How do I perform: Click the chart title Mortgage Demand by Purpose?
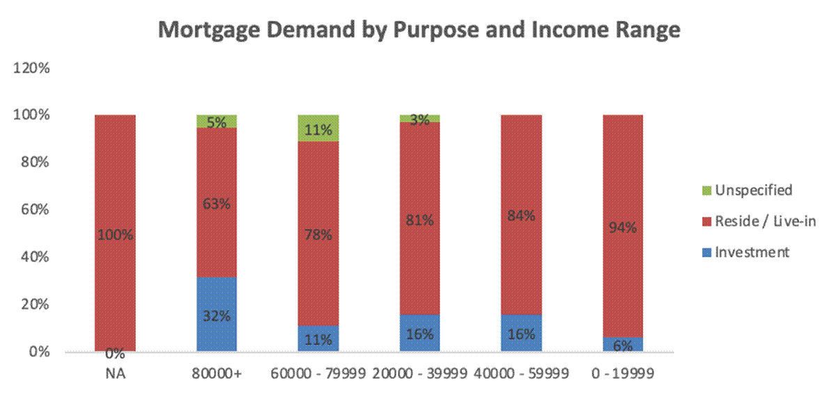click(x=419, y=31)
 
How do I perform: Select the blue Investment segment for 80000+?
click(x=217, y=314)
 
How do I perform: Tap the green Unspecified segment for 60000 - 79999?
click(x=318, y=128)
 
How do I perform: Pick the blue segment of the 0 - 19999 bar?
click(x=622, y=344)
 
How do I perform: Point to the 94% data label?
click(x=622, y=227)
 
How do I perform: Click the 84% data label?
click(x=521, y=215)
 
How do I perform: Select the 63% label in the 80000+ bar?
click(x=217, y=204)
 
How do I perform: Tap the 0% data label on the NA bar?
click(x=115, y=354)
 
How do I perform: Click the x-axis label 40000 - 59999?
click(x=521, y=374)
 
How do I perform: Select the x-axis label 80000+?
click(x=217, y=374)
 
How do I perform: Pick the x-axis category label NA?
click(x=115, y=374)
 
